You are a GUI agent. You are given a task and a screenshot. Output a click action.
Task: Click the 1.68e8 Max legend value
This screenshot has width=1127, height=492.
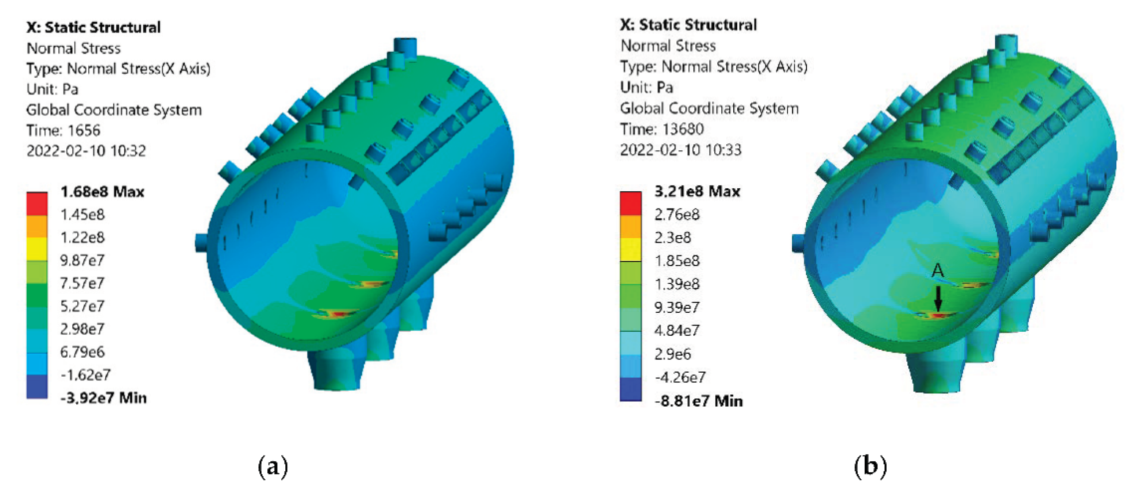tap(103, 192)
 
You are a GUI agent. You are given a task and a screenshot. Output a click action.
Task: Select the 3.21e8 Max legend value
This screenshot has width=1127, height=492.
tap(697, 191)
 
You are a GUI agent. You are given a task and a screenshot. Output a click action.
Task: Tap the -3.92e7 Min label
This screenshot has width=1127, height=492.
tap(104, 398)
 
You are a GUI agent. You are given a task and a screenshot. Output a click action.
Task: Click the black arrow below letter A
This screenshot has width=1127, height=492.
tap(938, 299)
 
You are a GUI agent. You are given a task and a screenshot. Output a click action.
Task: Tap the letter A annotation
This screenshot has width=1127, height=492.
tap(938, 270)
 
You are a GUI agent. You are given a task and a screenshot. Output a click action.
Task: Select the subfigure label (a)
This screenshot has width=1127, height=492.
tap(273, 466)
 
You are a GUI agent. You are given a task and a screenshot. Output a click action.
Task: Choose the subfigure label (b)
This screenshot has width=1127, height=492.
tap(870, 466)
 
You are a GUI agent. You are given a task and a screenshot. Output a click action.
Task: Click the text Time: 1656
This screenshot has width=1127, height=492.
tap(63, 130)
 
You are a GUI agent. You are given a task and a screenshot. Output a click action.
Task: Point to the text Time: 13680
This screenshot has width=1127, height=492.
tap(662, 129)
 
